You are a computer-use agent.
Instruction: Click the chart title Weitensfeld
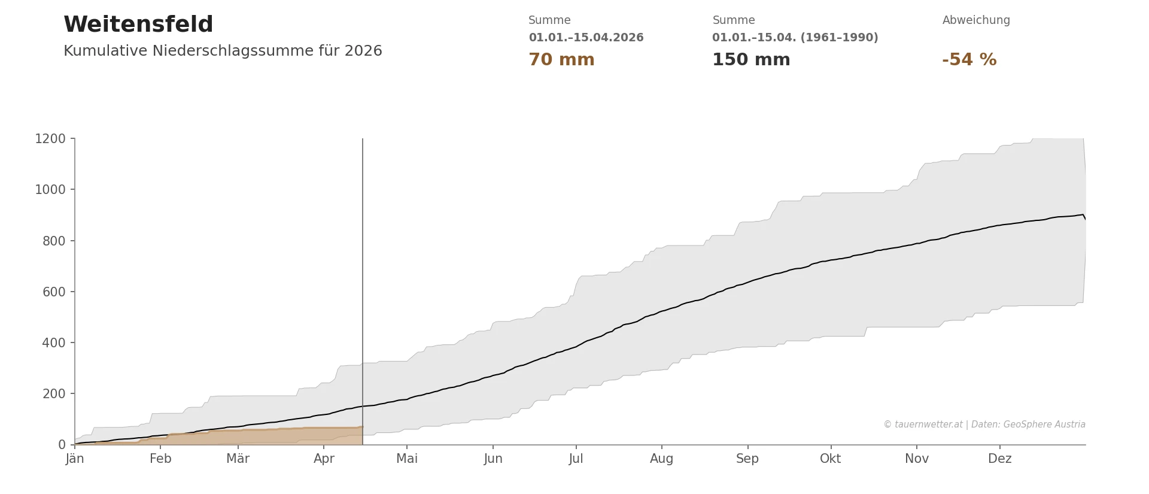[x=138, y=25]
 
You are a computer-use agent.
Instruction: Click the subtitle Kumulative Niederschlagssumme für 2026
[x=223, y=51]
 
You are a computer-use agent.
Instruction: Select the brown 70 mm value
[x=561, y=60]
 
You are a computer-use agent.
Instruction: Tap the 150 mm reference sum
[x=751, y=60]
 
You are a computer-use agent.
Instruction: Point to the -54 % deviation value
[x=969, y=60]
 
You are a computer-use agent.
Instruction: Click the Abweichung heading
[x=976, y=20]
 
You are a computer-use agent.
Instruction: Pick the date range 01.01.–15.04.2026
[x=586, y=38]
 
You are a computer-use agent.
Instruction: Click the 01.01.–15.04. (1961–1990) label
[x=795, y=38]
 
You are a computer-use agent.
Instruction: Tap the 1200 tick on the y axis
[x=50, y=139]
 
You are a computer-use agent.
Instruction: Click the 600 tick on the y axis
[x=54, y=292]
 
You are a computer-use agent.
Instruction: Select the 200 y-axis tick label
[x=54, y=394]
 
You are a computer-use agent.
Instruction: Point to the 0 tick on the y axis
[x=62, y=445]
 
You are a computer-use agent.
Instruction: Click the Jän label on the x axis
[x=75, y=459]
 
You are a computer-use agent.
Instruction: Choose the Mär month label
[x=238, y=459]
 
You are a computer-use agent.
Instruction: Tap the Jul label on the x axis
[x=576, y=459]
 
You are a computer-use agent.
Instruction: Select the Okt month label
[x=830, y=459]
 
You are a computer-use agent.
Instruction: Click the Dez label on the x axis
[x=999, y=459]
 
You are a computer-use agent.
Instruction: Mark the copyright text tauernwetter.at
[x=984, y=425]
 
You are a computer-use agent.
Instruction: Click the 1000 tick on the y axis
[x=50, y=190]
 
